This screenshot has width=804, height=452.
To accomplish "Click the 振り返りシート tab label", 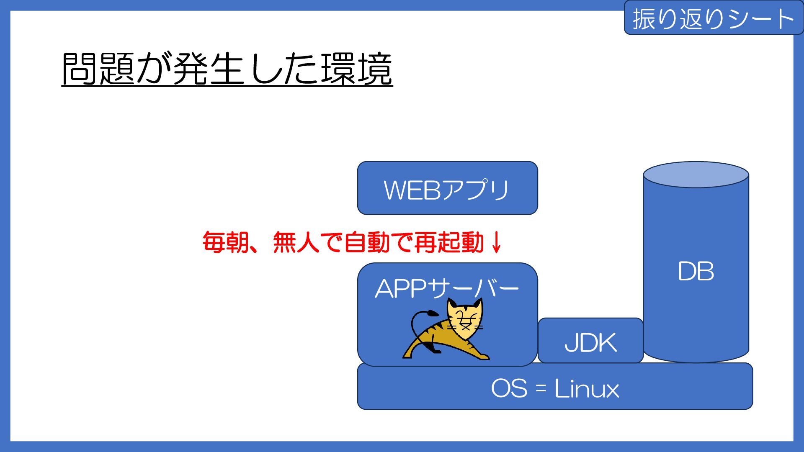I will click(713, 19).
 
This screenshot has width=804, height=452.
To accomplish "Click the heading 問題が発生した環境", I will click(227, 69).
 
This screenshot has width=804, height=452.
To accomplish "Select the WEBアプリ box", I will click(447, 188).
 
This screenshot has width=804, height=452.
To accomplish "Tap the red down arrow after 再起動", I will click(497, 242).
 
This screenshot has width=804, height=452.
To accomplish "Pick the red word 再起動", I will click(449, 242).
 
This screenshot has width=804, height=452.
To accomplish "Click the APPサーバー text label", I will click(447, 289).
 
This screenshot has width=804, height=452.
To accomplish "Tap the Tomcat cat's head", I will click(464, 319).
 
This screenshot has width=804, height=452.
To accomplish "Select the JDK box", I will click(590, 341).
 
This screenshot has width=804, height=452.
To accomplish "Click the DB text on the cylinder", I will click(696, 271).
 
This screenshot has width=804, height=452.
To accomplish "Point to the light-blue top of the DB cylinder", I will click(696, 175).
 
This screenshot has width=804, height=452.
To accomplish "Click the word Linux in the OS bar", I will click(587, 388).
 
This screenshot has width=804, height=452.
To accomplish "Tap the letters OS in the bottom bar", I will click(509, 388).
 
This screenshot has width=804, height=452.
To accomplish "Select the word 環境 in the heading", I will click(356, 69).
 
